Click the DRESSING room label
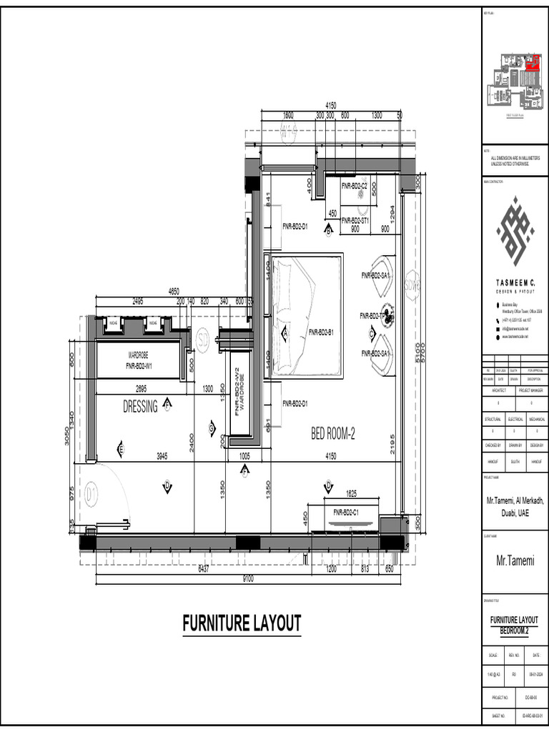tap(140, 407)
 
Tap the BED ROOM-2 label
tap(332, 433)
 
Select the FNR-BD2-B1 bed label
tap(324, 332)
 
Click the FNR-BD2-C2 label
tap(354, 186)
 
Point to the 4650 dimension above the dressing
tap(174, 292)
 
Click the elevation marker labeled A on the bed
tap(285, 333)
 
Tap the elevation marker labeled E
tap(121, 450)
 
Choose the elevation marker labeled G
tap(212, 429)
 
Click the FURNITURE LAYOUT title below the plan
tap(242, 623)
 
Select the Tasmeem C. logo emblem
tap(515, 230)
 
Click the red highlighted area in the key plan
tap(531, 64)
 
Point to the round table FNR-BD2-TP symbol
tap(387, 315)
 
